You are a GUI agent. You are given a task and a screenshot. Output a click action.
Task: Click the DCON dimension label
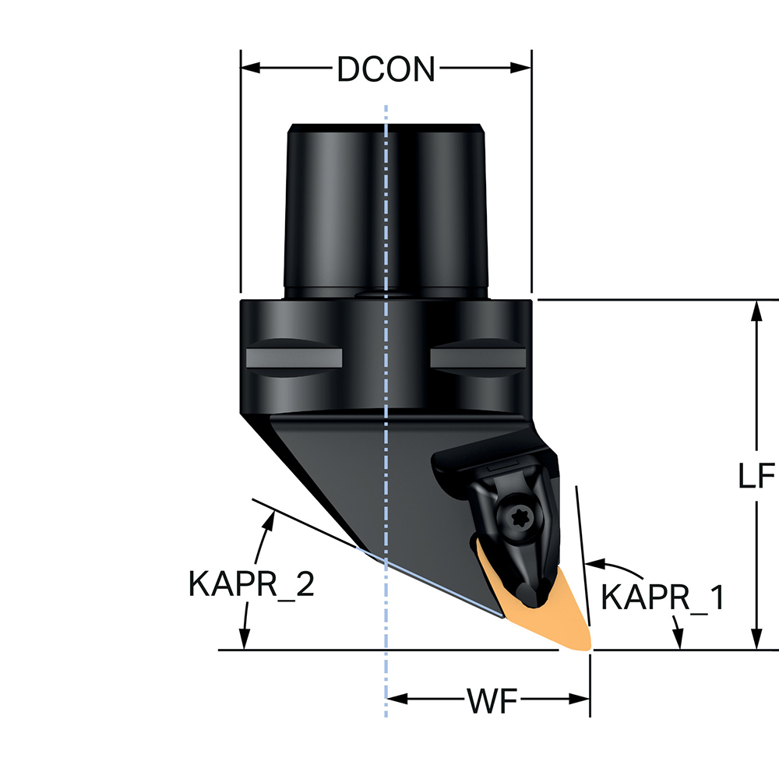pyautogui.click(x=386, y=70)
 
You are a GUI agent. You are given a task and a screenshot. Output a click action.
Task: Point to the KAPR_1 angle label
pyautogui.click(x=664, y=598)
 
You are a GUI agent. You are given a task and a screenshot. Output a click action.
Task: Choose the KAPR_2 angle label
pyautogui.click(x=251, y=583)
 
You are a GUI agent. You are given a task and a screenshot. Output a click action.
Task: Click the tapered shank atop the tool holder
pyautogui.click(x=386, y=210)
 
